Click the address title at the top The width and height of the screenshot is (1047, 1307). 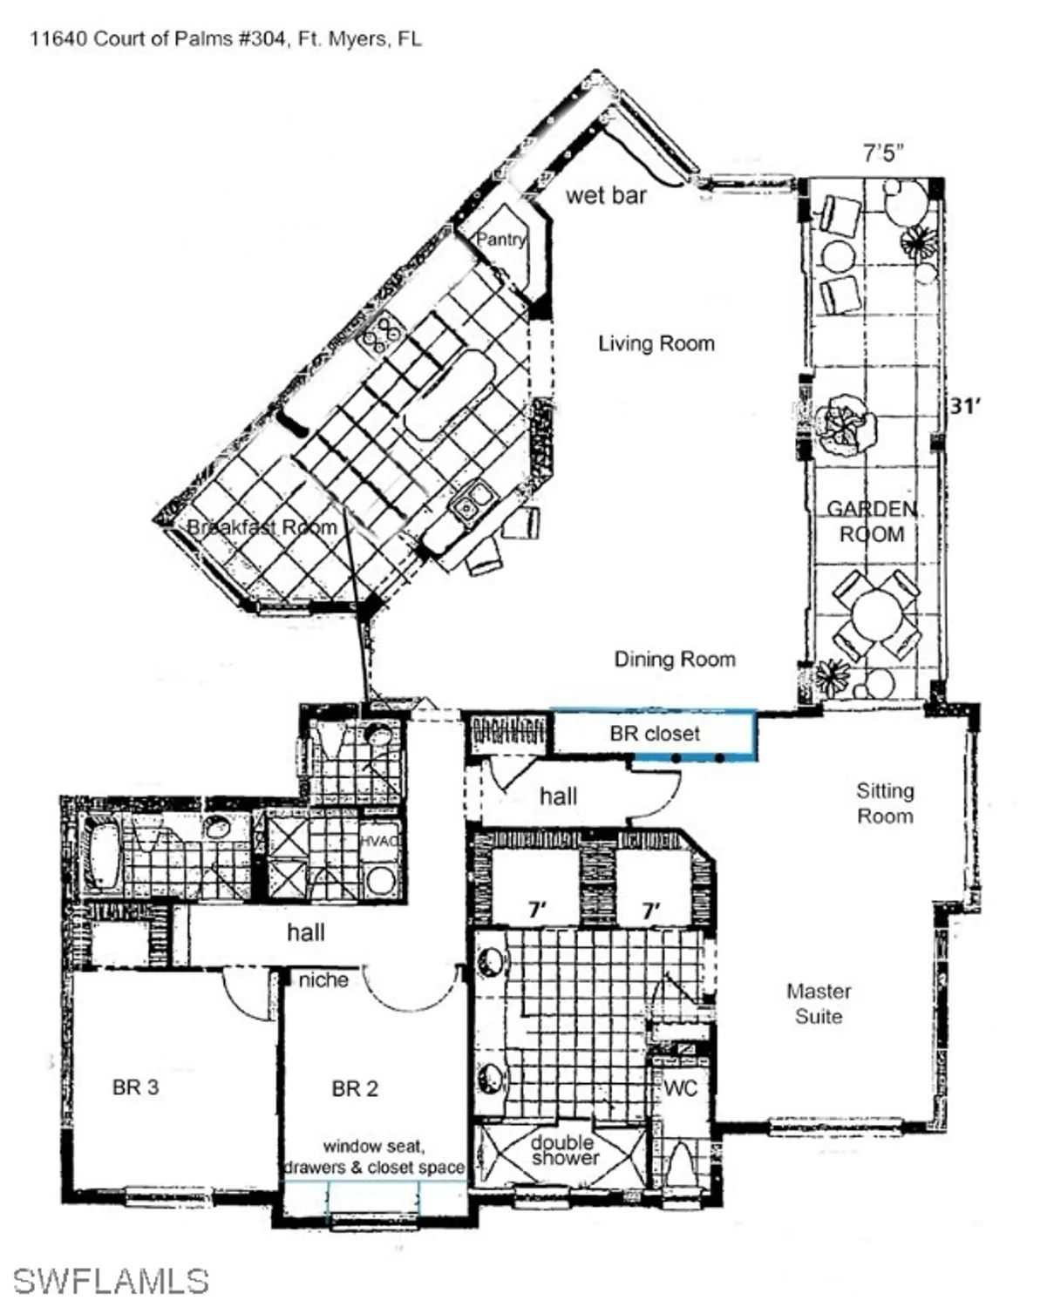coord(226,38)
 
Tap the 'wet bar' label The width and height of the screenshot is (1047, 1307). coord(606,195)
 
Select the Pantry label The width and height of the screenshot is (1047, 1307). coord(500,240)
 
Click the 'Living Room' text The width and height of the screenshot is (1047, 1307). coord(656,343)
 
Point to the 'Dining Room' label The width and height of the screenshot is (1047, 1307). coord(675,660)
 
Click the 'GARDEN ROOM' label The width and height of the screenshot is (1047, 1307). coord(871,521)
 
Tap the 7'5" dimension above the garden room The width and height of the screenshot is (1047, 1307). coord(882,153)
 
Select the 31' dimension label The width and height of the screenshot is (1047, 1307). coord(964,406)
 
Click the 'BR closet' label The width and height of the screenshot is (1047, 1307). coord(655,734)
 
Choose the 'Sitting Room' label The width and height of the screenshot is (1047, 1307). coord(885,803)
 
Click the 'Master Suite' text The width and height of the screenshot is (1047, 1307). coord(819,1004)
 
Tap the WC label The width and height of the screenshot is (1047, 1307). coord(680,1088)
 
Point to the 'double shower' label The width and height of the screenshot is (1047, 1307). coord(565,1150)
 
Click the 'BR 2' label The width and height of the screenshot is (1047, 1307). coord(355,1088)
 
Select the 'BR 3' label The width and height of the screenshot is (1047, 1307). coord(136,1087)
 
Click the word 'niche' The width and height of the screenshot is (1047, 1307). coord(323,980)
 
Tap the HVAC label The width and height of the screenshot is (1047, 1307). coord(380,841)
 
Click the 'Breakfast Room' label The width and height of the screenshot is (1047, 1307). coord(262,527)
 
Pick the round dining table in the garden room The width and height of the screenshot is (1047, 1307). coord(876,616)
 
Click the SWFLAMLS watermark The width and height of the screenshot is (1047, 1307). coord(111,1281)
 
